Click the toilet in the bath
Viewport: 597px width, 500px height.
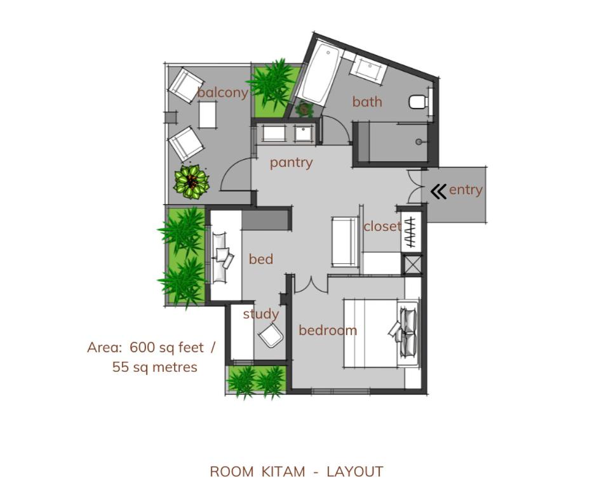click(418, 102)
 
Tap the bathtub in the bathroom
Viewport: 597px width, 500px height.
click(319, 75)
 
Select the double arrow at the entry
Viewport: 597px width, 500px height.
click(439, 192)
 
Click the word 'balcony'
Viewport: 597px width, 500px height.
click(223, 93)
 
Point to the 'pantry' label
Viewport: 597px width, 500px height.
click(292, 163)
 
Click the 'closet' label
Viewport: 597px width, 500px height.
click(382, 226)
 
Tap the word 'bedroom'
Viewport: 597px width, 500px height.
click(328, 330)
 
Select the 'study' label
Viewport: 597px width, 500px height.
click(261, 314)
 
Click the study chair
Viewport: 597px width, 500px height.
click(271, 335)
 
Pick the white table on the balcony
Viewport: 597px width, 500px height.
click(208, 115)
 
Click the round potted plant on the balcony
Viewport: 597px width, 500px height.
click(191, 182)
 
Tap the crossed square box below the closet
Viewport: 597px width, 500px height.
click(412, 265)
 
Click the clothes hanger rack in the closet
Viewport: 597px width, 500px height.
click(410, 233)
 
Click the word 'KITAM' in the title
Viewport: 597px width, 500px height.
click(283, 472)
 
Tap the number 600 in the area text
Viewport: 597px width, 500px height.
click(142, 347)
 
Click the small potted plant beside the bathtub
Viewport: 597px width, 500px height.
click(304, 110)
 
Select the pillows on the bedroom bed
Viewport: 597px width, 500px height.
click(405, 332)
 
